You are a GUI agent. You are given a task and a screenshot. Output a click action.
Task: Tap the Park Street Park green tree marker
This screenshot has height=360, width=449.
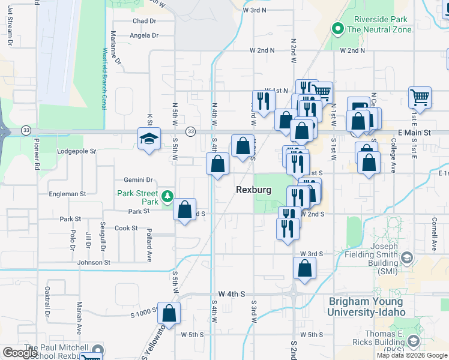pos(168,196)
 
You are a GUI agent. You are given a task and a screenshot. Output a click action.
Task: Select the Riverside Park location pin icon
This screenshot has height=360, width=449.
pos(337,28)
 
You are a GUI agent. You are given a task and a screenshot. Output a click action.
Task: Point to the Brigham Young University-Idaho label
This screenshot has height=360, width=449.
pos(367,307)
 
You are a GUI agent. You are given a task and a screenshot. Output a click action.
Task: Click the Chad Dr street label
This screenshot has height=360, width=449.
pos(144,21)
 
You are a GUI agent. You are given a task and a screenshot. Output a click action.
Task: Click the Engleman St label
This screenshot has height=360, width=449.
pos(67,194)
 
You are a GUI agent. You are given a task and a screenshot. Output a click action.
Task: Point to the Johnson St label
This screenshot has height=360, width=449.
pos(94,262)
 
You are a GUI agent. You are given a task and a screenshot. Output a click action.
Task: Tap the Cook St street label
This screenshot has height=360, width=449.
pos(126,228)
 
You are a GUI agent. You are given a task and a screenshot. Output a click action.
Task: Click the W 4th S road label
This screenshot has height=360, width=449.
pos(232,293)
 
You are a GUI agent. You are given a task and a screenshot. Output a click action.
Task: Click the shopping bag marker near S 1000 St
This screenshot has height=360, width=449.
pos(169,313)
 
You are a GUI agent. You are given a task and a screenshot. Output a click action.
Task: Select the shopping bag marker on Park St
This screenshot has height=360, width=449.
pos(185,210)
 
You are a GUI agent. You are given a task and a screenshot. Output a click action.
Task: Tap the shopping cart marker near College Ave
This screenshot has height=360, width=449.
pos(420,97)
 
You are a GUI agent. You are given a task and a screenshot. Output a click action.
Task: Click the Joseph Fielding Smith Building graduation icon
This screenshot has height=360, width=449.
pos(406,259)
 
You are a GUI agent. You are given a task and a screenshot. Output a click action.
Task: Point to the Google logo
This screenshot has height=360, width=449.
pos(20,353)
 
